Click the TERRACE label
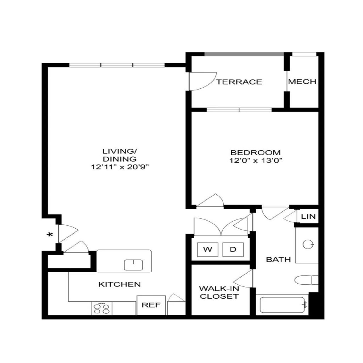[x=239, y=82]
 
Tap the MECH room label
[x=302, y=82]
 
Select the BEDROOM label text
[x=256, y=152]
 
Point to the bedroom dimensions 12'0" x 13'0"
[x=256, y=161]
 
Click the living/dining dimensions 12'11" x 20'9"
[x=119, y=167]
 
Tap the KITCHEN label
[x=119, y=284]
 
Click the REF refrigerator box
[x=151, y=305]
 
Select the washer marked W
[x=208, y=249]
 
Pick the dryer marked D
[x=233, y=249]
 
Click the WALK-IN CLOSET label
[x=219, y=292]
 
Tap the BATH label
[x=278, y=259]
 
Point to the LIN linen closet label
[x=308, y=217]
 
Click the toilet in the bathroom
[x=306, y=280]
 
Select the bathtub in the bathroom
[x=283, y=305]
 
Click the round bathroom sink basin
[x=308, y=244]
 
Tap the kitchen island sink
[x=133, y=265]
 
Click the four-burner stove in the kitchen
[x=102, y=308]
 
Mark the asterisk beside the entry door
[x=50, y=235]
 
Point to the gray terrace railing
[x=244, y=54]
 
